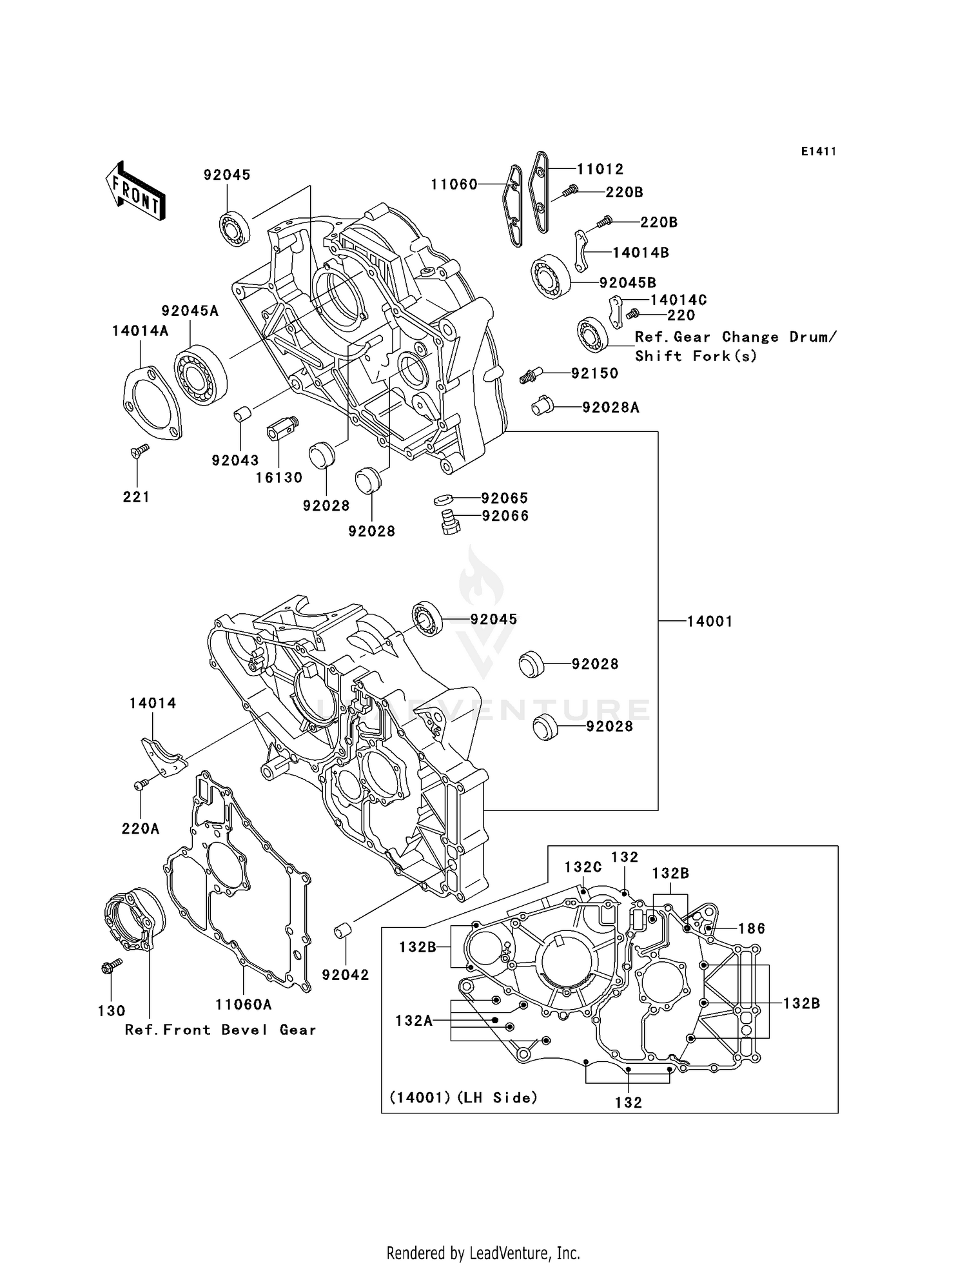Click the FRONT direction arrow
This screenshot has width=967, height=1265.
pos(135,191)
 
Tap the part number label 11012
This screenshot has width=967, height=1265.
pos(600,169)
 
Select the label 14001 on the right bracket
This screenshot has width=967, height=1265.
pos(709,622)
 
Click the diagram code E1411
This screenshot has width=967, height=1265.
pos(818,152)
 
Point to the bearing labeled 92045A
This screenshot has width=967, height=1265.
pos(200,375)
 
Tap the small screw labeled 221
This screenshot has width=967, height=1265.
pos(139,451)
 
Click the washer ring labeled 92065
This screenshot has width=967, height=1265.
pos(444,499)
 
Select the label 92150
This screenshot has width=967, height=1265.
pos(594,373)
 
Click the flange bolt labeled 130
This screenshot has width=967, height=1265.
pos(111,966)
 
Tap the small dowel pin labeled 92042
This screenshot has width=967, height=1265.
pos(343,931)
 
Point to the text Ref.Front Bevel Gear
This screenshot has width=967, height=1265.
pos(220,1030)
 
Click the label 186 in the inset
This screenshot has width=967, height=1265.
pos(751,928)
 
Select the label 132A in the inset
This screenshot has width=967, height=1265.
pos(413,1021)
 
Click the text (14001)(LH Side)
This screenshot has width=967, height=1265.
pos(463,1097)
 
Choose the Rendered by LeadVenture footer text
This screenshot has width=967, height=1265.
pos(483,1253)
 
